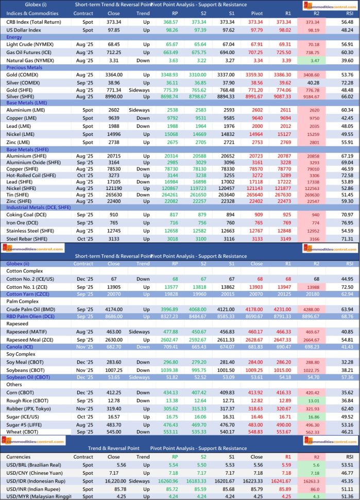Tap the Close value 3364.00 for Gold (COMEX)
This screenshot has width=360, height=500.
click(114, 74)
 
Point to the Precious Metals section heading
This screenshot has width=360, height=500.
click(24, 67)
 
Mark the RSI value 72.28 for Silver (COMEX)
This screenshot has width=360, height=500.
click(347, 82)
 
